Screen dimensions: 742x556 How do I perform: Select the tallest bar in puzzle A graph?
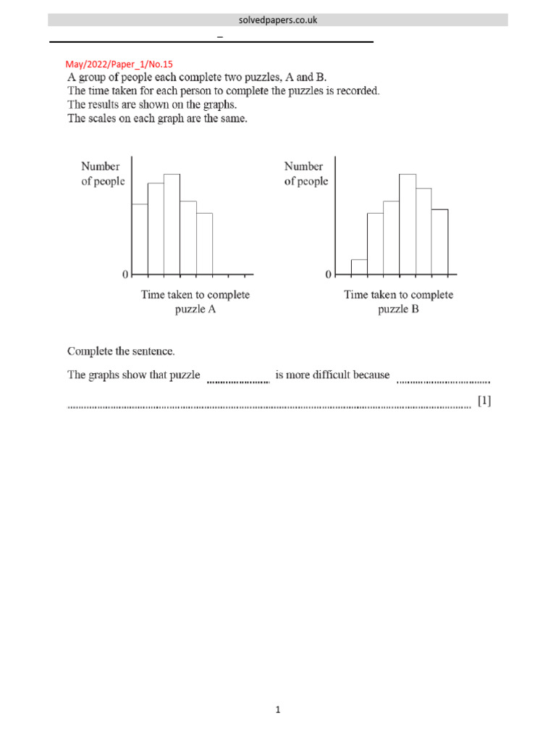172,225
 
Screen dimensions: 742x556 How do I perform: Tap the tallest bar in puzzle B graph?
407,225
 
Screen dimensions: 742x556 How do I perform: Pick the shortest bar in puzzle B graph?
359,267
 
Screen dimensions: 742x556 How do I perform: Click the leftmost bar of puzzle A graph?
140,239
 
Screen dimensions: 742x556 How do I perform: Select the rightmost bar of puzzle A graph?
204,244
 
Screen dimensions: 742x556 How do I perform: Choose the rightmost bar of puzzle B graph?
439,242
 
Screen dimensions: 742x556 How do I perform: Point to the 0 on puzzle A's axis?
125,275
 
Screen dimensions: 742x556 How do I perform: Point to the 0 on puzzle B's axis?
328,275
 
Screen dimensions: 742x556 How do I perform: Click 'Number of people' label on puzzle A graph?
102,174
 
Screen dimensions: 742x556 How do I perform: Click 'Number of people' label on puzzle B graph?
306,174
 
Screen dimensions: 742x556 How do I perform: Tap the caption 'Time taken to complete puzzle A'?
195,302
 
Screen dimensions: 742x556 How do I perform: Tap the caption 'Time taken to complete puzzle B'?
398,302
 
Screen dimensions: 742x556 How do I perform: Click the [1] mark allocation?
484,401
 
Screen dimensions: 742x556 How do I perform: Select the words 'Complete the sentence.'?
121,351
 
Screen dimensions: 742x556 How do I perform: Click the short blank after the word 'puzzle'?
238,378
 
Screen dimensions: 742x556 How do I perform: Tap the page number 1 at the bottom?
277,710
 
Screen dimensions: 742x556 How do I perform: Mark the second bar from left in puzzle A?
156,229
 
